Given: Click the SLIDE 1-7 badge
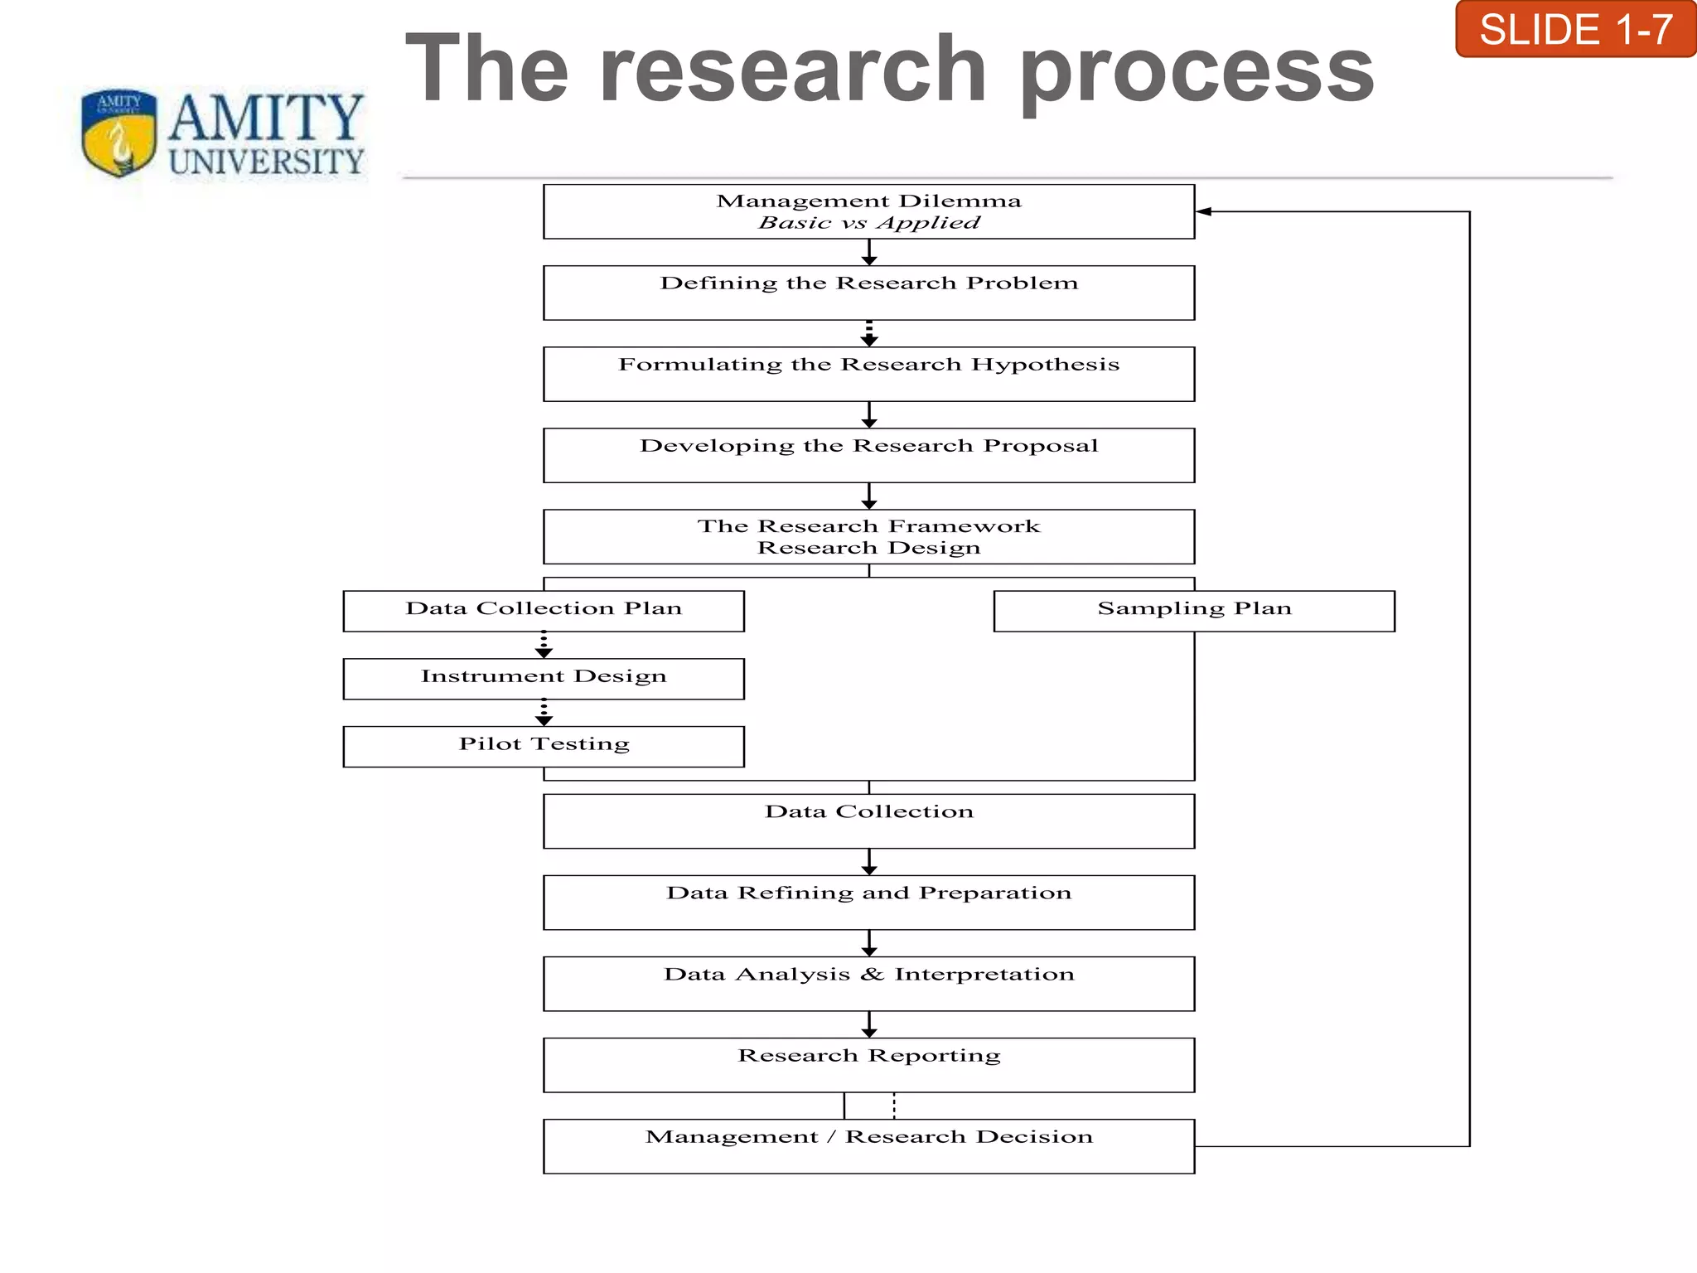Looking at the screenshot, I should [x=1575, y=30].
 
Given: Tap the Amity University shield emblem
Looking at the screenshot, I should [x=119, y=133].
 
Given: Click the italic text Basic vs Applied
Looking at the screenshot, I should [x=868, y=223].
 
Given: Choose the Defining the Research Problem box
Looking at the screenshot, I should [x=868, y=293].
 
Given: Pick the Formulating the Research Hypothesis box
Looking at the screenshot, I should [x=868, y=374].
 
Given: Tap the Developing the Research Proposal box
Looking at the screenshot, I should [x=868, y=455].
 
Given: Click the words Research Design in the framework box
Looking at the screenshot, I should [x=868, y=548].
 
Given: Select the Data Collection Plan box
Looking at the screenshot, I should [x=544, y=611].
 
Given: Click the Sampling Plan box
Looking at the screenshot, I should [x=1194, y=611].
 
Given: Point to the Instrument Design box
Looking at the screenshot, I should [x=544, y=679].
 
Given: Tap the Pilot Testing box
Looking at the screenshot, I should [x=544, y=746].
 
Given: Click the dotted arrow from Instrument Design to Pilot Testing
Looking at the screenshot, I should [x=544, y=713].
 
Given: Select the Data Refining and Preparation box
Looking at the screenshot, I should [x=868, y=902].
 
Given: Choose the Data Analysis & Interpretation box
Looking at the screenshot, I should [x=868, y=983].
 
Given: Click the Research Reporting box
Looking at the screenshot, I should [x=868, y=1064].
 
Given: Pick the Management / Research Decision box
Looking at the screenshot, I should [x=868, y=1145].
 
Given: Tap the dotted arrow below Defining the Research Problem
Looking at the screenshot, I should [x=868, y=333].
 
